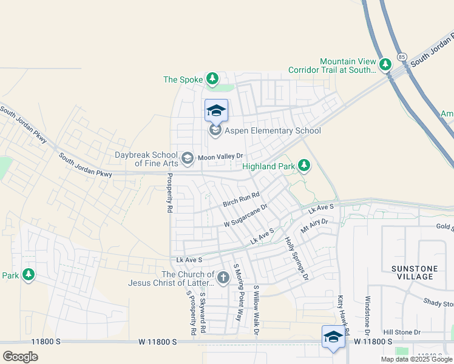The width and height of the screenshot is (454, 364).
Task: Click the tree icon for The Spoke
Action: click(x=212, y=78)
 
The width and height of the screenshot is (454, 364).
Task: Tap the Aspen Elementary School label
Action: click(x=273, y=130)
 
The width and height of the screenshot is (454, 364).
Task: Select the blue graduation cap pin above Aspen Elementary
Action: click(x=216, y=110)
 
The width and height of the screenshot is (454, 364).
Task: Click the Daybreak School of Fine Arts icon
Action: click(x=188, y=158)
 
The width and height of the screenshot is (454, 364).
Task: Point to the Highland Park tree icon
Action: click(x=304, y=165)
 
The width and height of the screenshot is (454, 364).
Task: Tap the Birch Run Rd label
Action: click(x=241, y=198)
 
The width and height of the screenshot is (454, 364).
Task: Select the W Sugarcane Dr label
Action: click(x=246, y=216)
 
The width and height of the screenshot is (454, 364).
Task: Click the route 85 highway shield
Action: click(x=402, y=56)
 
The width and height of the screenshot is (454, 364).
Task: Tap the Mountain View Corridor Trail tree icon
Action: click(x=385, y=64)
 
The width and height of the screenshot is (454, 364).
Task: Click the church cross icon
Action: click(x=223, y=278)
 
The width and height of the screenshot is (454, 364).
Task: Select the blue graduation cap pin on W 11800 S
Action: click(x=333, y=337)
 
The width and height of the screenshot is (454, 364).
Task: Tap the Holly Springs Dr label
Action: click(x=297, y=258)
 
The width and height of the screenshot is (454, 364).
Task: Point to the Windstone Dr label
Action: click(x=367, y=315)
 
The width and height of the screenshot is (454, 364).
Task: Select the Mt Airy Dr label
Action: click(x=314, y=227)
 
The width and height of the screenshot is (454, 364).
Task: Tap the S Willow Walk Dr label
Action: click(x=256, y=310)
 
